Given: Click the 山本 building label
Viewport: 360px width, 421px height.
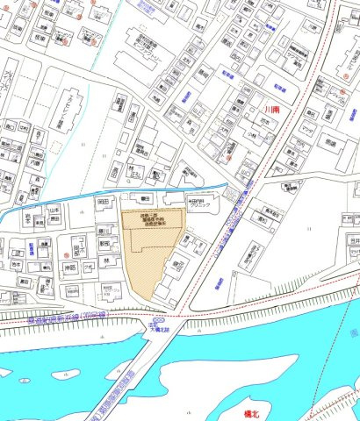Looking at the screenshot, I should [x=53, y=211].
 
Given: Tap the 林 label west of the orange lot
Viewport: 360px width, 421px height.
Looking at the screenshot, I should [x=104, y=260].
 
